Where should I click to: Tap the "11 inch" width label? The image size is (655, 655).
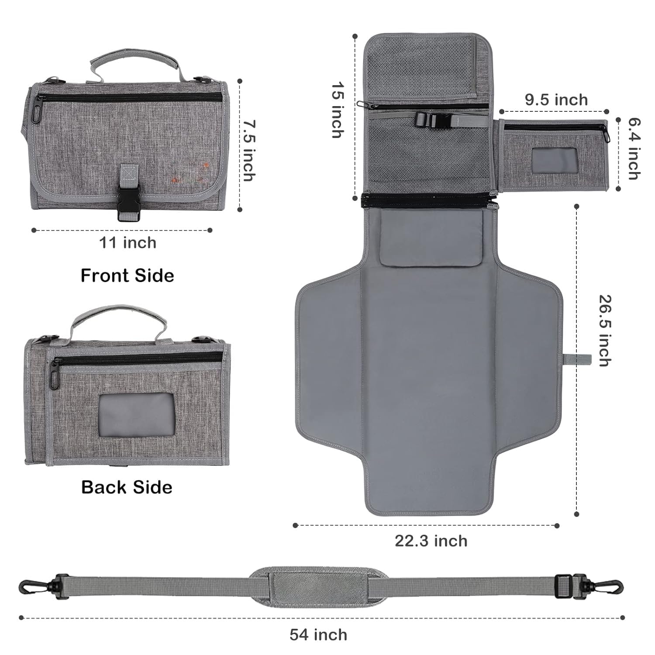pos(128,243)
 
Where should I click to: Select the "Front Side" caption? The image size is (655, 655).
pos(128,276)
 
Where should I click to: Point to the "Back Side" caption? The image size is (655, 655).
pos(127,487)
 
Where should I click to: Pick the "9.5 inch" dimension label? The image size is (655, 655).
pos(556,100)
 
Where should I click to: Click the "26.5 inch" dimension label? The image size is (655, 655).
pos(605,331)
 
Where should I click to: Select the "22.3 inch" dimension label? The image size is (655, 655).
pos(431,541)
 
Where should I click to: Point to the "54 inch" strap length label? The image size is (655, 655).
pos(318,634)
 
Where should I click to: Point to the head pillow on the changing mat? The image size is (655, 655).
pos(431,238)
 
